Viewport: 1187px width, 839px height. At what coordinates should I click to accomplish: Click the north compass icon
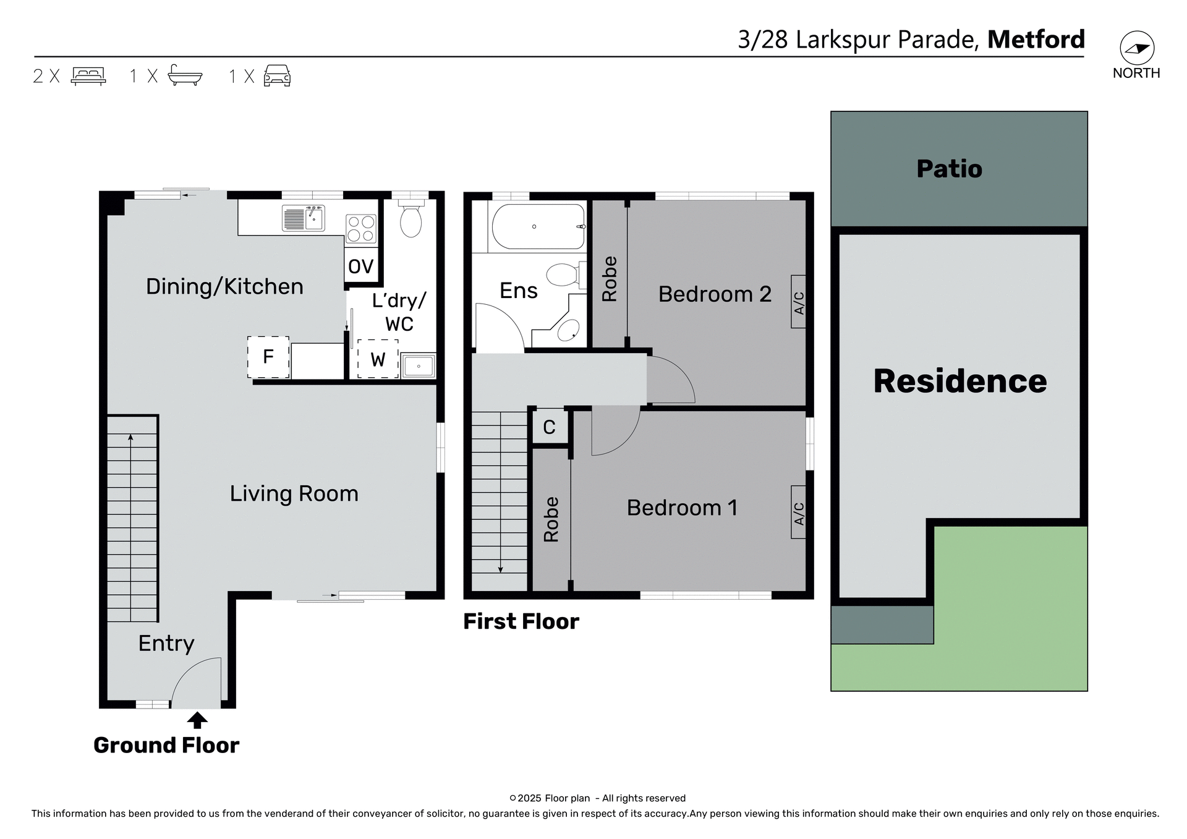click(1137, 48)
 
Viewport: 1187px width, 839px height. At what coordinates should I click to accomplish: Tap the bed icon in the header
click(88, 76)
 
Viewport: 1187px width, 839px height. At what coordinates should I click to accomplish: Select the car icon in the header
click(277, 75)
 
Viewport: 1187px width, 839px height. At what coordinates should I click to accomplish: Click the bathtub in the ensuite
click(538, 227)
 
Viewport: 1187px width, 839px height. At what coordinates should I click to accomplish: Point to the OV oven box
click(361, 266)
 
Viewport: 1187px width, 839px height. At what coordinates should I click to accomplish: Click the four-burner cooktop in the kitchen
click(361, 228)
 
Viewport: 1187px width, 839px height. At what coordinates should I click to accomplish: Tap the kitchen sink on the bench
click(304, 218)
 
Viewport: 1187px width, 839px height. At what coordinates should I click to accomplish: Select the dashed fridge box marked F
click(268, 357)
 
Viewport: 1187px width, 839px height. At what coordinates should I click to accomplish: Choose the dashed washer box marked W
click(378, 359)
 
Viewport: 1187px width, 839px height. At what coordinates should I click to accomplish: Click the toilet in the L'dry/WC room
click(411, 221)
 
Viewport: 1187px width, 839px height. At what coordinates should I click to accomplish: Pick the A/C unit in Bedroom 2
click(798, 302)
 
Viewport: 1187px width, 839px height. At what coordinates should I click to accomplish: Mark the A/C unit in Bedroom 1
click(798, 513)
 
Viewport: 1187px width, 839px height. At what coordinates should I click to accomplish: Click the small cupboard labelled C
click(550, 427)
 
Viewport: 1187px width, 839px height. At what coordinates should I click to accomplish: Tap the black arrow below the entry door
click(197, 720)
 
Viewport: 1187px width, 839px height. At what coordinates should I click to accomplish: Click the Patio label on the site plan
click(949, 169)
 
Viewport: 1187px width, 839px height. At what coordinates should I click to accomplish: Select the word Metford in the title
click(1036, 40)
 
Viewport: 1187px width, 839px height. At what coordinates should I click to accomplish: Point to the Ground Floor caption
click(166, 746)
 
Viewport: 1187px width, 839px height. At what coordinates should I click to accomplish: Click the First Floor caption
click(521, 621)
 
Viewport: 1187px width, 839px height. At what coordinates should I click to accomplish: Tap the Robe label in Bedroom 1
click(551, 519)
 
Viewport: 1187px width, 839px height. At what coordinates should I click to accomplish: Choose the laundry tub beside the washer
click(419, 366)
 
